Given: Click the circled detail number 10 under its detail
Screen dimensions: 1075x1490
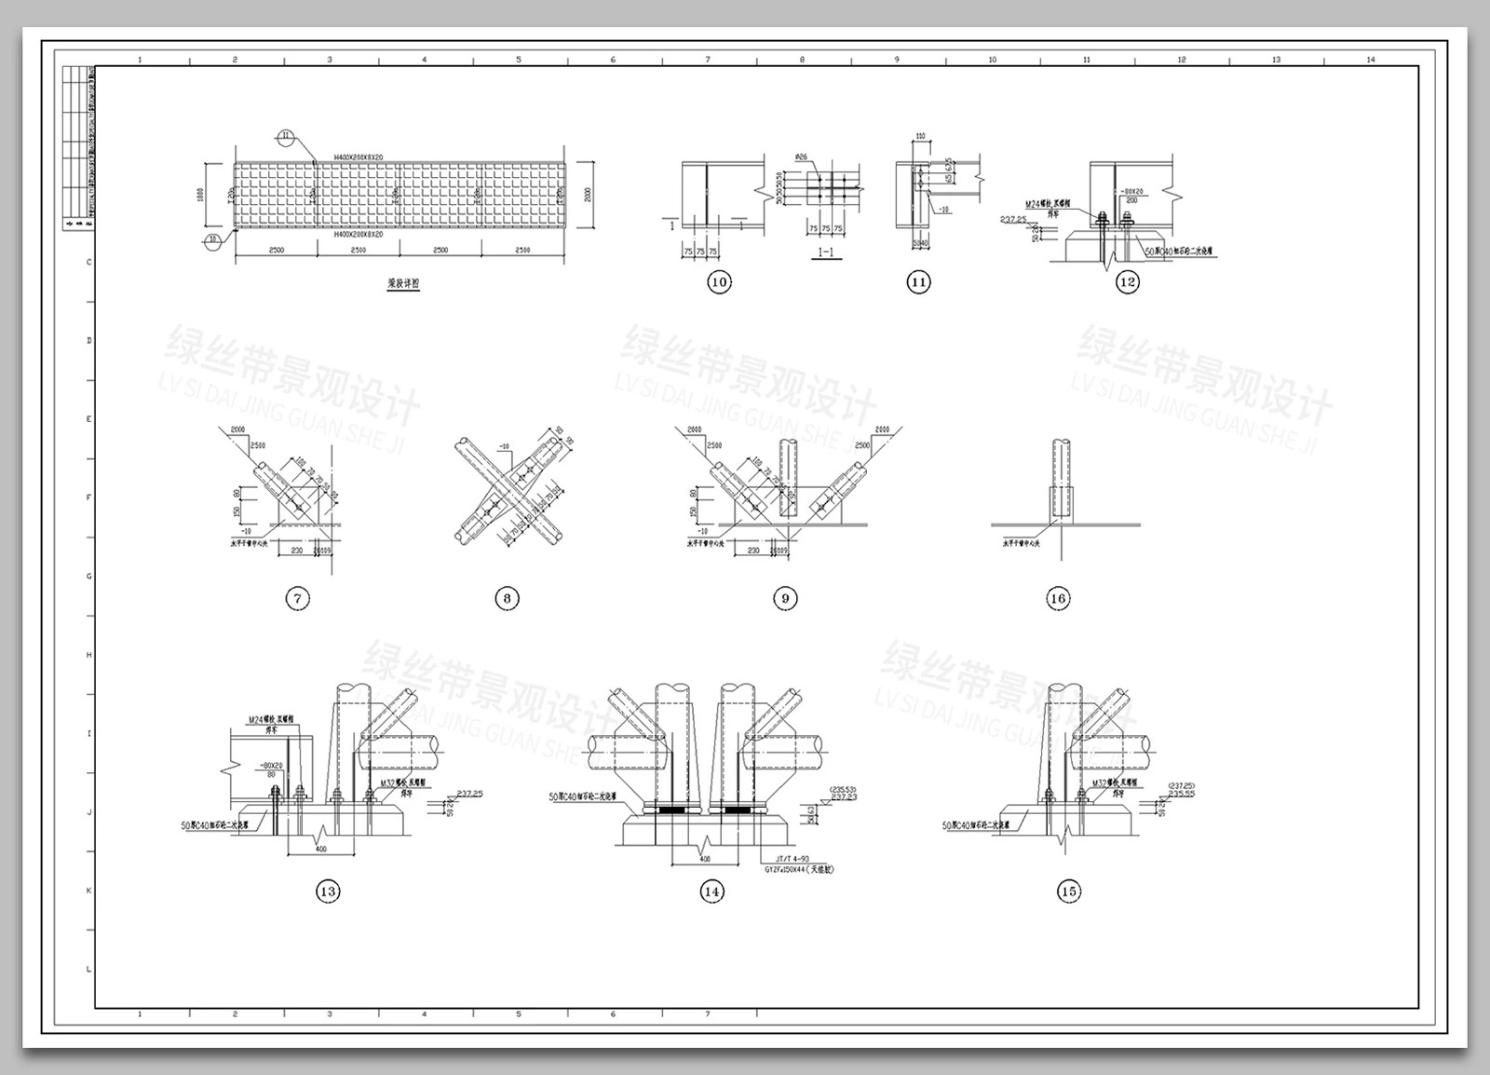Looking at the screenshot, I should [719, 282].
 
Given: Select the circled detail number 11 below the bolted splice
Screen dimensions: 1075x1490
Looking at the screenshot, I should [918, 282].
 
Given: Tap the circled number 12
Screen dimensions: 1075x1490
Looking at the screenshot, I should [1127, 282].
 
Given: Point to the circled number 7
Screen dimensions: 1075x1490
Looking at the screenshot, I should [297, 598].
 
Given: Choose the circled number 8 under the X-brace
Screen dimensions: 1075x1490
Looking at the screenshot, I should [507, 598].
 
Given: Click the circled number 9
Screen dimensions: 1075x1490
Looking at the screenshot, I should [785, 598].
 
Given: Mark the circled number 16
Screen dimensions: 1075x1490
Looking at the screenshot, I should [1058, 598].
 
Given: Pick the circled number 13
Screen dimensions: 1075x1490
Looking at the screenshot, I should [328, 891].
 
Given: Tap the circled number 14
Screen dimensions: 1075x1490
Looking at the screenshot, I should [711, 891].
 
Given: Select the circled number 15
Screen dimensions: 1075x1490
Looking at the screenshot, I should [1069, 891].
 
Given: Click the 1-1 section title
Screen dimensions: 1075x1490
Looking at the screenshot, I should [825, 252].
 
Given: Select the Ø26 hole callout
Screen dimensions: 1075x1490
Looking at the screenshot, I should [802, 157].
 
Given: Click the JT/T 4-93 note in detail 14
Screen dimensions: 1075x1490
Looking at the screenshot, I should [784, 858].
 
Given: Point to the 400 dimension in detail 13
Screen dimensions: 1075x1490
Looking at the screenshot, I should [321, 849].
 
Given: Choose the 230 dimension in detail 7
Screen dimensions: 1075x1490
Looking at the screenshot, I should [296, 551].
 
